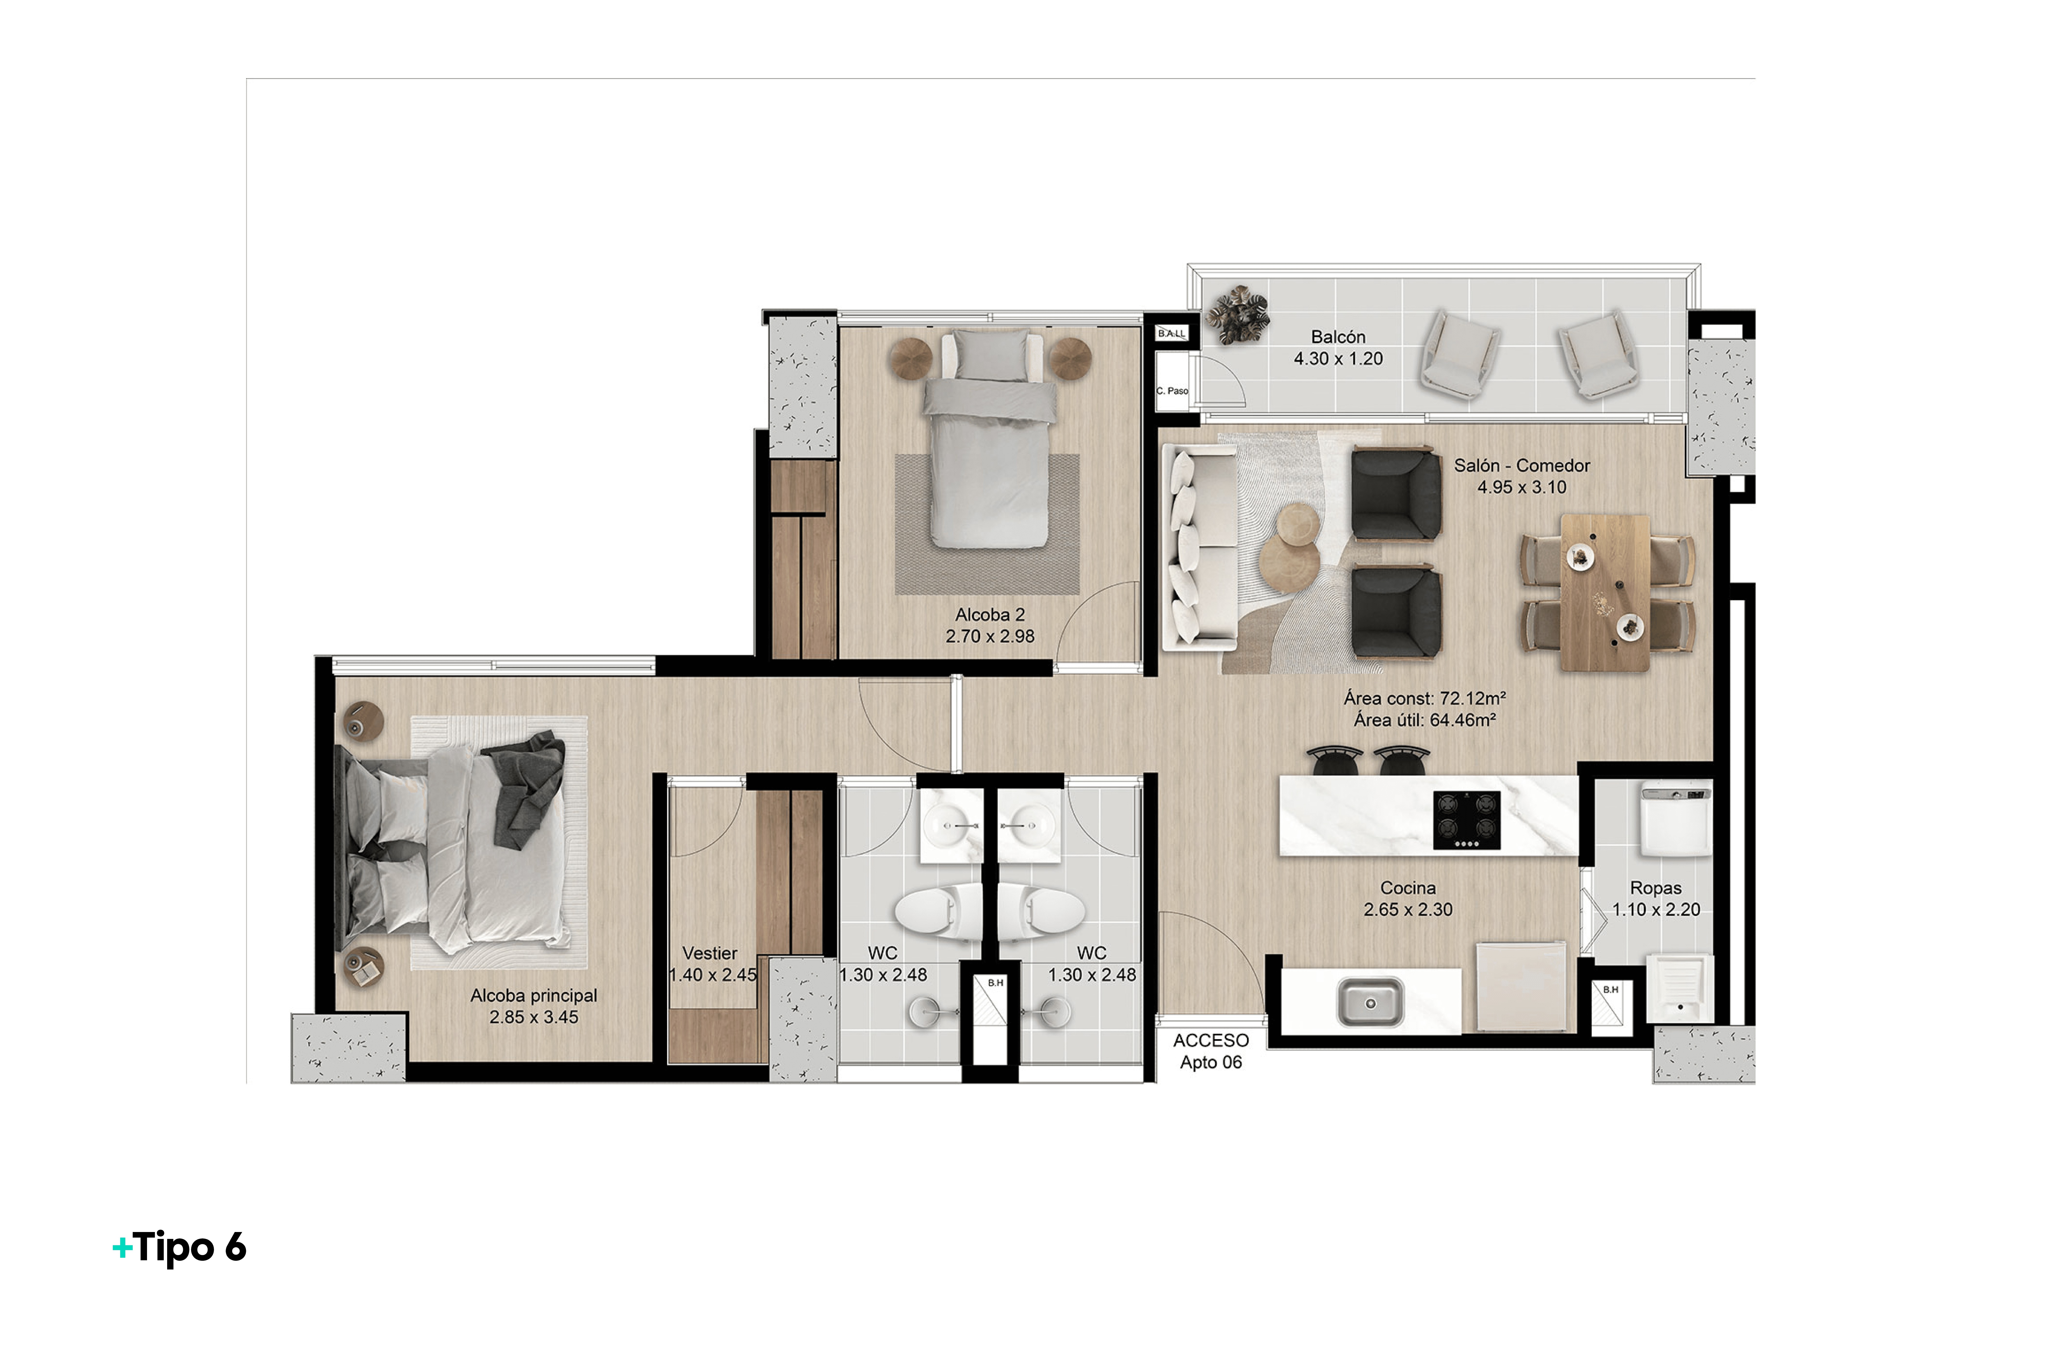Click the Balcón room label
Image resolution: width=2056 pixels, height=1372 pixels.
(x=1338, y=337)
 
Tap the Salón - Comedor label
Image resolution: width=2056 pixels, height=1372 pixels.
(x=1522, y=466)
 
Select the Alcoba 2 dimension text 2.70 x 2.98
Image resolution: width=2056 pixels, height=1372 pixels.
(x=990, y=636)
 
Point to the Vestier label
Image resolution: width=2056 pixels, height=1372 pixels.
(x=710, y=953)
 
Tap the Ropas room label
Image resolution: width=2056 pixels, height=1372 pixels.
(x=1655, y=888)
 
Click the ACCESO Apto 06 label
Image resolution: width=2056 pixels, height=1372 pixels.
(x=1211, y=1051)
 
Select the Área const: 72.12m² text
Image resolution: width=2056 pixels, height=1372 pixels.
(x=1424, y=698)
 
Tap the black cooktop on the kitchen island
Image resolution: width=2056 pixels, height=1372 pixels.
(x=1466, y=820)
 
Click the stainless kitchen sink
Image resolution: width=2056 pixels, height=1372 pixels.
(x=1370, y=1003)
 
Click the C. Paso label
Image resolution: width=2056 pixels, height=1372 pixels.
(x=1172, y=391)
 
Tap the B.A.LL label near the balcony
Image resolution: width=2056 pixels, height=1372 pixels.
(x=1171, y=333)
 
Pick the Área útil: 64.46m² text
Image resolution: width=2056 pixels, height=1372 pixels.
(x=1424, y=720)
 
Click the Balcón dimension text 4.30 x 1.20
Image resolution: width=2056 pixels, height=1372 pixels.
(x=1338, y=359)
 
